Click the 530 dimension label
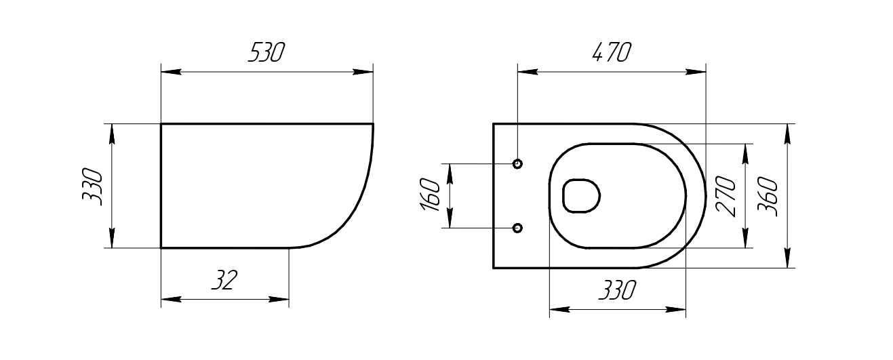coord(266,53)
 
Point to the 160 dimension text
coord(432,195)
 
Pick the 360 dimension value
coord(767,197)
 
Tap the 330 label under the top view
coord(616,291)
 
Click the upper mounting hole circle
coord(517,163)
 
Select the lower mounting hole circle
coord(517,228)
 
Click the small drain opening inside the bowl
coord(582,197)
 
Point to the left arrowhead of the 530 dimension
coord(170,71)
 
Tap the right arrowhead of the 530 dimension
coord(365,71)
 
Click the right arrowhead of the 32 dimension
coord(281,298)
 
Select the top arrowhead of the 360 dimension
coord(787,133)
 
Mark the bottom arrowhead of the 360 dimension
coord(787,259)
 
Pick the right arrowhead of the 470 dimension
coord(697,71)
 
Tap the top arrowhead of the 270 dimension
coord(746,153)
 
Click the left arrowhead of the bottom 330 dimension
coord(557,309)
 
